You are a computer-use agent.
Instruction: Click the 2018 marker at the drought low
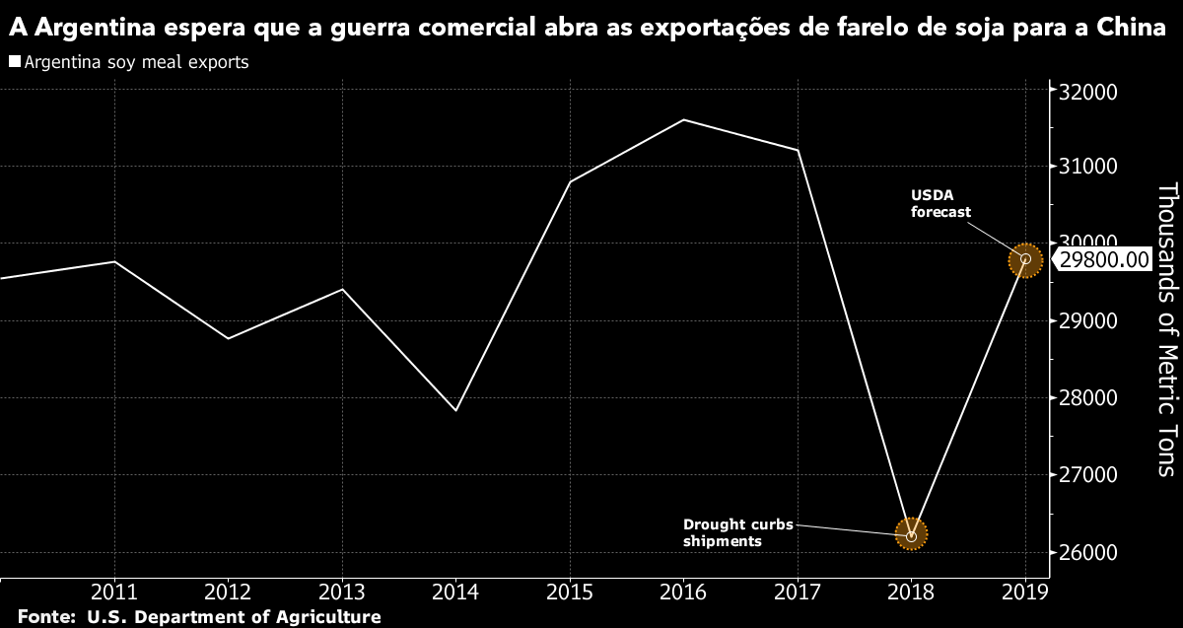pos(911,535)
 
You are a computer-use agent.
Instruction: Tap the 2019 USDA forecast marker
pos(1025,259)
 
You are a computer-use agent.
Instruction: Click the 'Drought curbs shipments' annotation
pos(737,532)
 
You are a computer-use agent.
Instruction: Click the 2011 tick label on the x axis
pos(115,594)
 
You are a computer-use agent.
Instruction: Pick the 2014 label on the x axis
pos(456,594)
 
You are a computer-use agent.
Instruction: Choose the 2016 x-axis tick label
pos(683,594)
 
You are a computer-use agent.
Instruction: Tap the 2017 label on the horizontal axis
pos(798,594)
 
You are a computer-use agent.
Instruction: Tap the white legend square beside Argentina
pos(14,62)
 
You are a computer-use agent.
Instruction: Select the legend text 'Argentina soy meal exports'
pos(136,62)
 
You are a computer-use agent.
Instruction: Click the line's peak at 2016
pos(683,120)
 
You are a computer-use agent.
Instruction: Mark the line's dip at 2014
pos(456,410)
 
